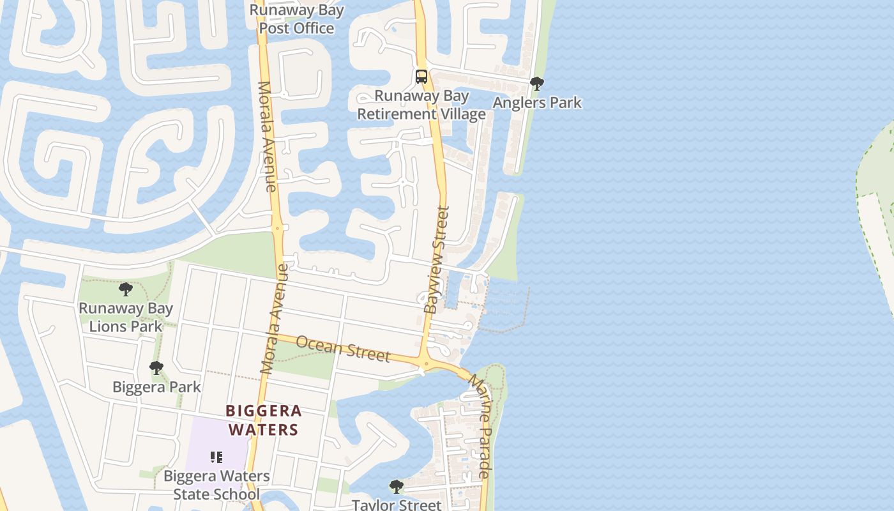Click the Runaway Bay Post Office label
click(x=296, y=19)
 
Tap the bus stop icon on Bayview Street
click(x=421, y=77)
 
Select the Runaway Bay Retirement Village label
click(x=421, y=105)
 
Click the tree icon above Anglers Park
click(x=537, y=84)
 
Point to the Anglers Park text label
click(x=537, y=102)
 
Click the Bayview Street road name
click(x=437, y=259)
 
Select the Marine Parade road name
click(x=481, y=427)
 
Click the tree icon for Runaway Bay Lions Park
click(x=126, y=289)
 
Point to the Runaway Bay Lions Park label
click(x=126, y=317)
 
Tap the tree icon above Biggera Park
click(x=156, y=368)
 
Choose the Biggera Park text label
click(x=156, y=387)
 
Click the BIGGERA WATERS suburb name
click(x=264, y=420)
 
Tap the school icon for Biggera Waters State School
click(x=216, y=457)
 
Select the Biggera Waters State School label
click(x=216, y=485)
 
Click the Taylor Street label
click(x=397, y=505)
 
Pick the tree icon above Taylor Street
click(x=397, y=487)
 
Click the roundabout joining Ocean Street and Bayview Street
click(x=426, y=364)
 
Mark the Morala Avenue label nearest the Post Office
click(x=267, y=137)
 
